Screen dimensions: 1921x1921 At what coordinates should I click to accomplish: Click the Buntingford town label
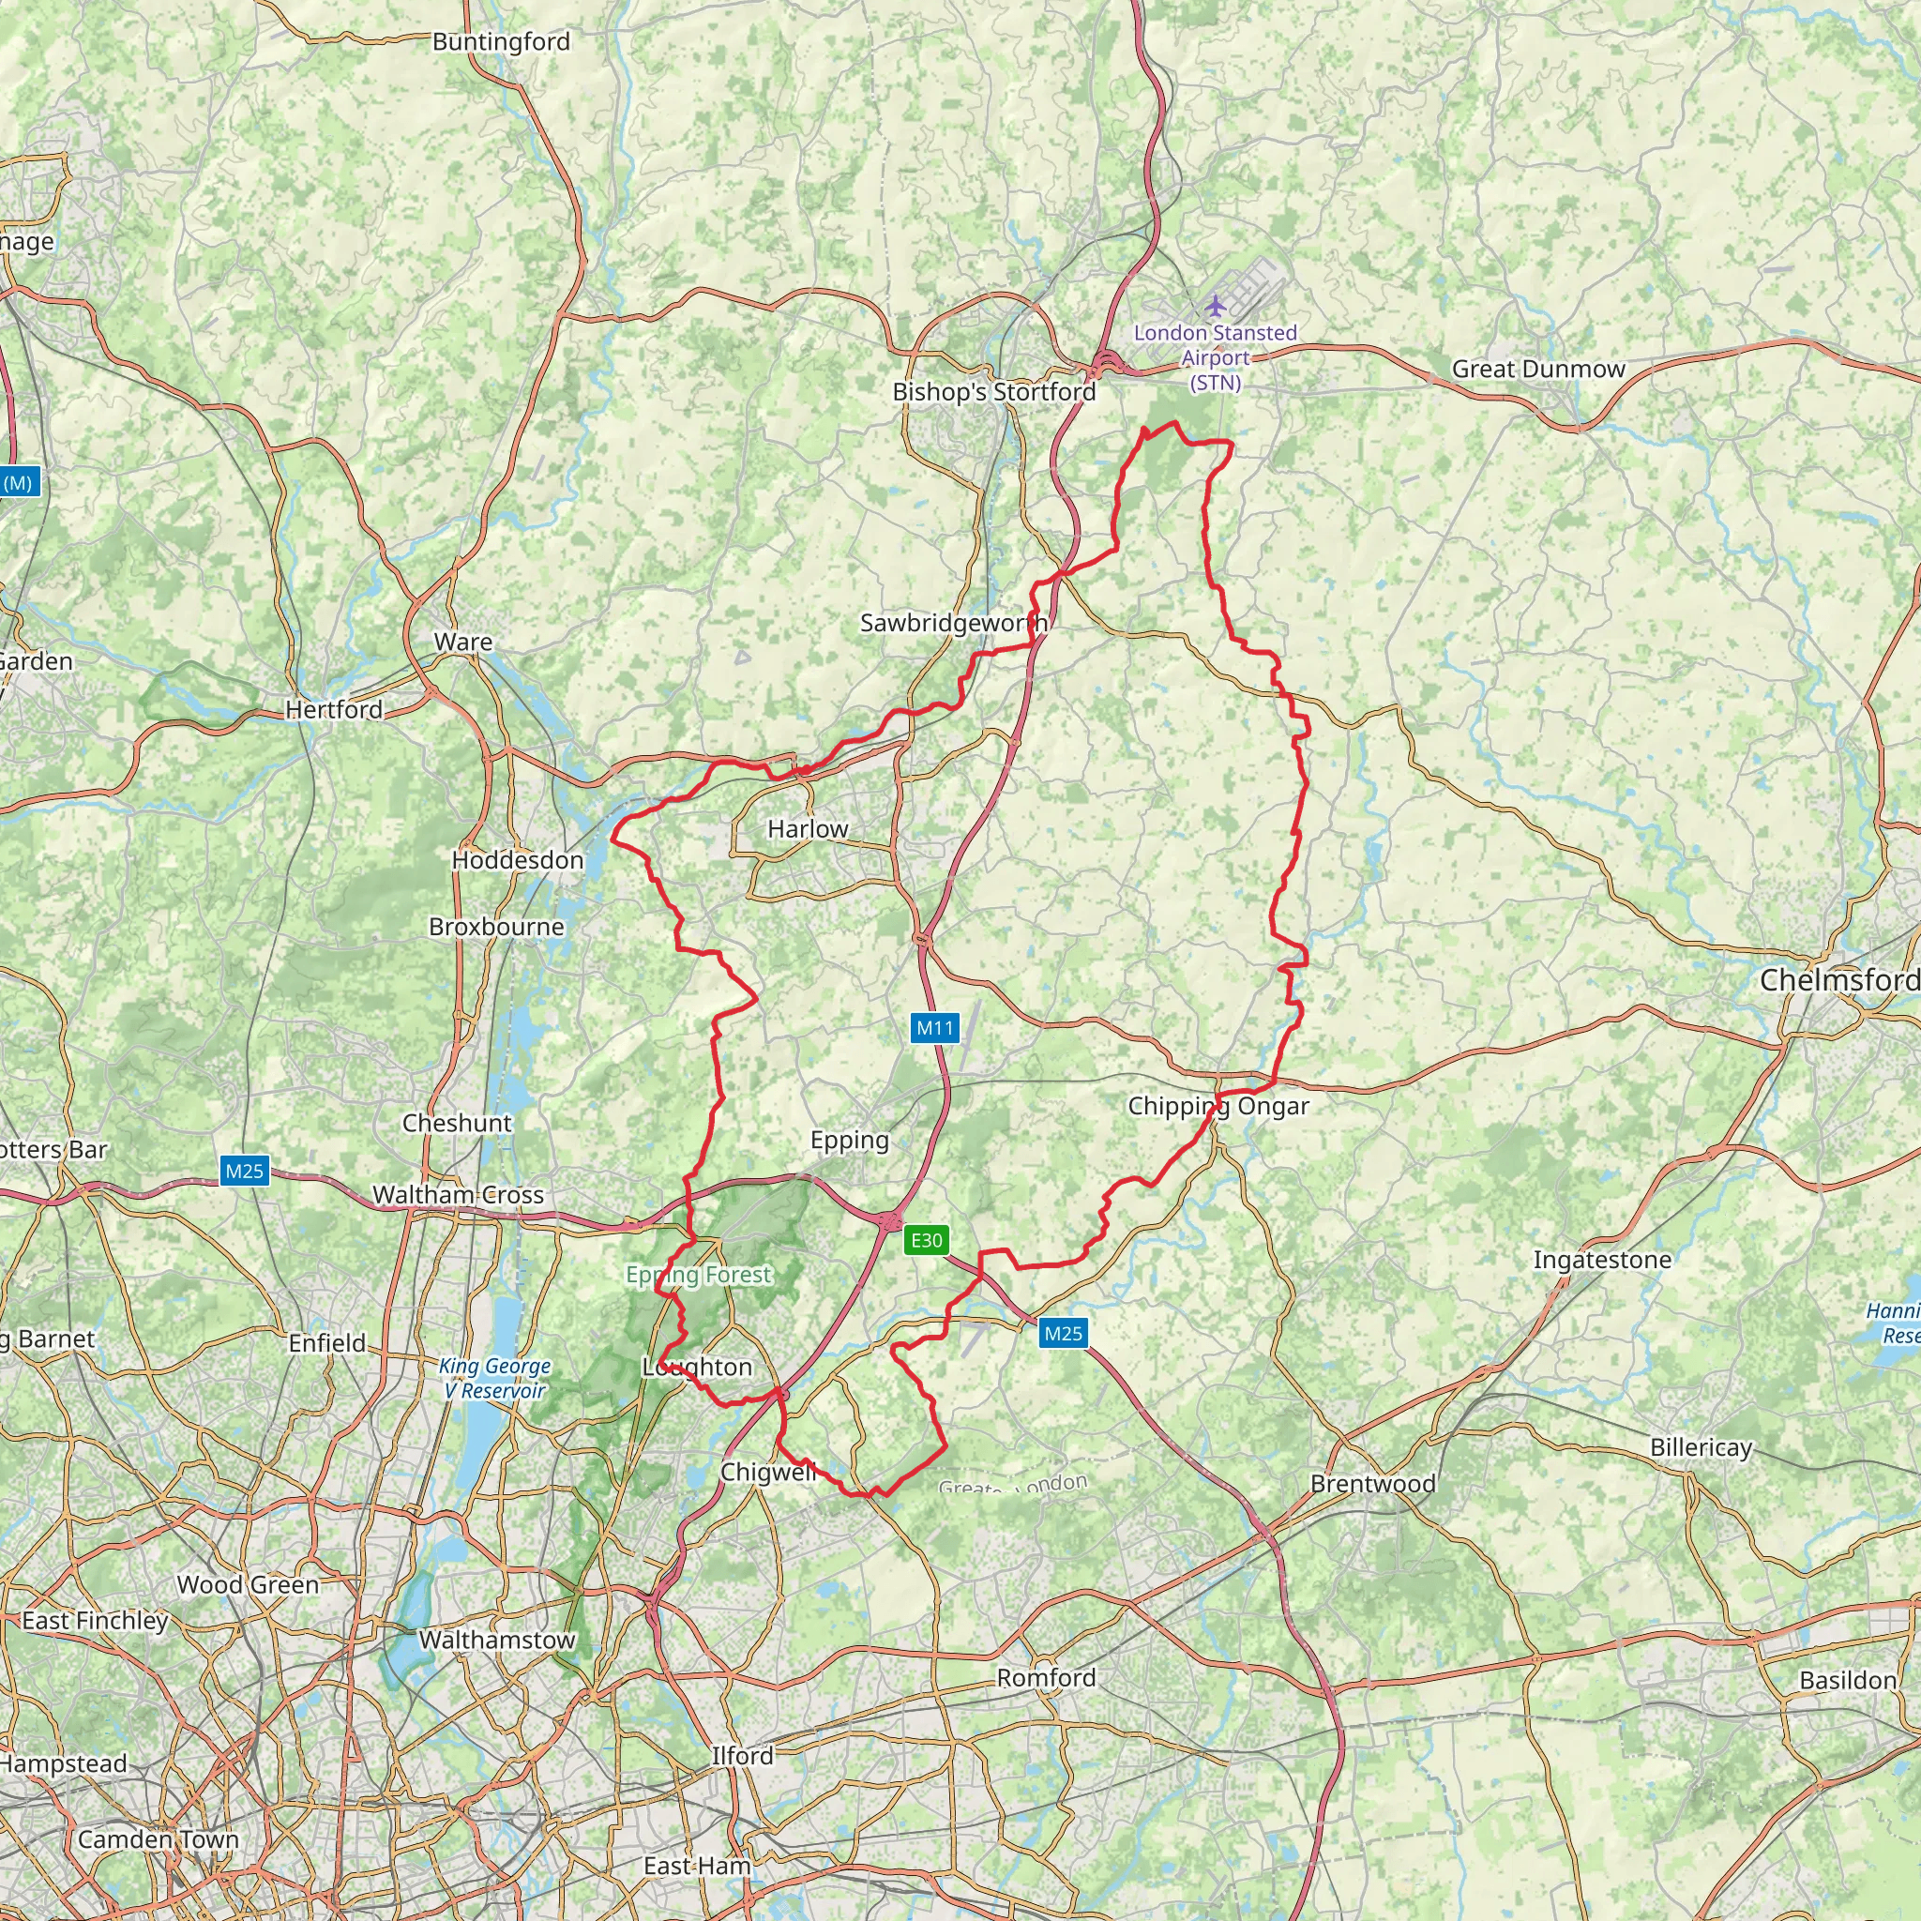click(x=501, y=42)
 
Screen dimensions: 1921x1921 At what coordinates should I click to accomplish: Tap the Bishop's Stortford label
click(x=993, y=392)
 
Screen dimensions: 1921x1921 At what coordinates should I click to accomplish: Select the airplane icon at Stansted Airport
click(x=1214, y=304)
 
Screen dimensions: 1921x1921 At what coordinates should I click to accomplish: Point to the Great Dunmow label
click(x=1538, y=369)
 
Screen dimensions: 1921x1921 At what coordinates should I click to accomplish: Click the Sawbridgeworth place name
click(x=953, y=624)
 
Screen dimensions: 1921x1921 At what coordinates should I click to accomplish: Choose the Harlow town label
click(x=808, y=828)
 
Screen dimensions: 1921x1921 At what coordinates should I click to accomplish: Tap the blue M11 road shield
click(x=934, y=1028)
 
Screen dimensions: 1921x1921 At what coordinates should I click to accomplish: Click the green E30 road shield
click(x=926, y=1240)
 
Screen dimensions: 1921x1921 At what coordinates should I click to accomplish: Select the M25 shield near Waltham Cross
click(x=245, y=1171)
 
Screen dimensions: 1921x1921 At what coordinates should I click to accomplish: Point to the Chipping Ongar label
click(x=1218, y=1107)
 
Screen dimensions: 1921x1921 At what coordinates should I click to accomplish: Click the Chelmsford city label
click(x=1838, y=980)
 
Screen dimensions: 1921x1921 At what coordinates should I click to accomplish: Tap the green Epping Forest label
click(x=698, y=1275)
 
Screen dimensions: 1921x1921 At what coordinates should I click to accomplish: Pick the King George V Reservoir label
click(x=494, y=1378)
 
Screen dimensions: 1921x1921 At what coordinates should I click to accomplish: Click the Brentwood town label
click(x=1372, y=1484)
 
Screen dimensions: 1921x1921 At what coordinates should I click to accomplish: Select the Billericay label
click(x=1701, y=1446)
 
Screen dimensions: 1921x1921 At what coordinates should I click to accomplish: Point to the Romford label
click(x=1046, y=1677)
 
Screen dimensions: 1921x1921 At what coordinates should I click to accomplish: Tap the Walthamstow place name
click(x=497, y=1640)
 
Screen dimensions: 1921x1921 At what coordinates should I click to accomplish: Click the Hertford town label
click(x=334, y=710)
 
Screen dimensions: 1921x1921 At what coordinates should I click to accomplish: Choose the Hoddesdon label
click(x=517, y=860)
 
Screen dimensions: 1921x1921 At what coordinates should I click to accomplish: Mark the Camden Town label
click(x=159, y=1839)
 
